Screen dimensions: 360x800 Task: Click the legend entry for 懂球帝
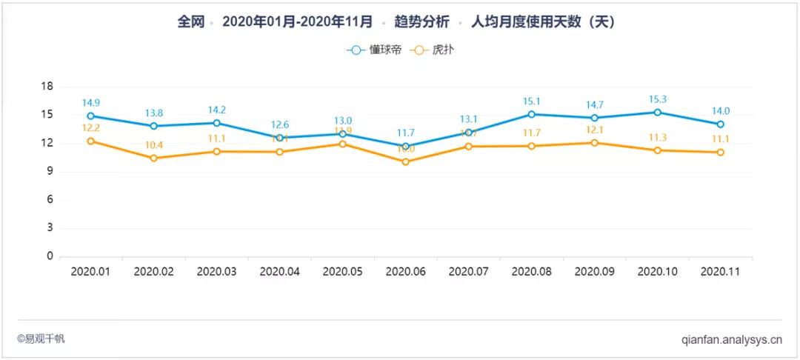(375, 50)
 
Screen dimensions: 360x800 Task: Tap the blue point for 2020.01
(90, 116)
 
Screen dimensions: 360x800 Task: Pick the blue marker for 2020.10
(657, 112)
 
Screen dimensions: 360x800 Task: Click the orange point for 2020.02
(153, 158)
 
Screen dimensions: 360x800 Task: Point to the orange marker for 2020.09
(594, 142)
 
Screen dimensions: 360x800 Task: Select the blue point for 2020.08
(531, 114)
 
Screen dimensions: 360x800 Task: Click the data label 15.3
(657, 99)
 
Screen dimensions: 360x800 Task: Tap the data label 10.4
(153, 145)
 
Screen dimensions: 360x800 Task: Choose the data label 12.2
(90, 128)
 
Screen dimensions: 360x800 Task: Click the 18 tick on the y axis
(47, 87)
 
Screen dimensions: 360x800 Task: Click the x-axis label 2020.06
(405, 272)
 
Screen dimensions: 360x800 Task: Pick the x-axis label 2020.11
(720, 272)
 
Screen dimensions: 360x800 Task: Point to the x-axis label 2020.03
(216, 272)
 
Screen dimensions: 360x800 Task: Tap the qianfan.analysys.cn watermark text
(731, 341)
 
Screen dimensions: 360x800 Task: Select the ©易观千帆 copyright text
(41, 339)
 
